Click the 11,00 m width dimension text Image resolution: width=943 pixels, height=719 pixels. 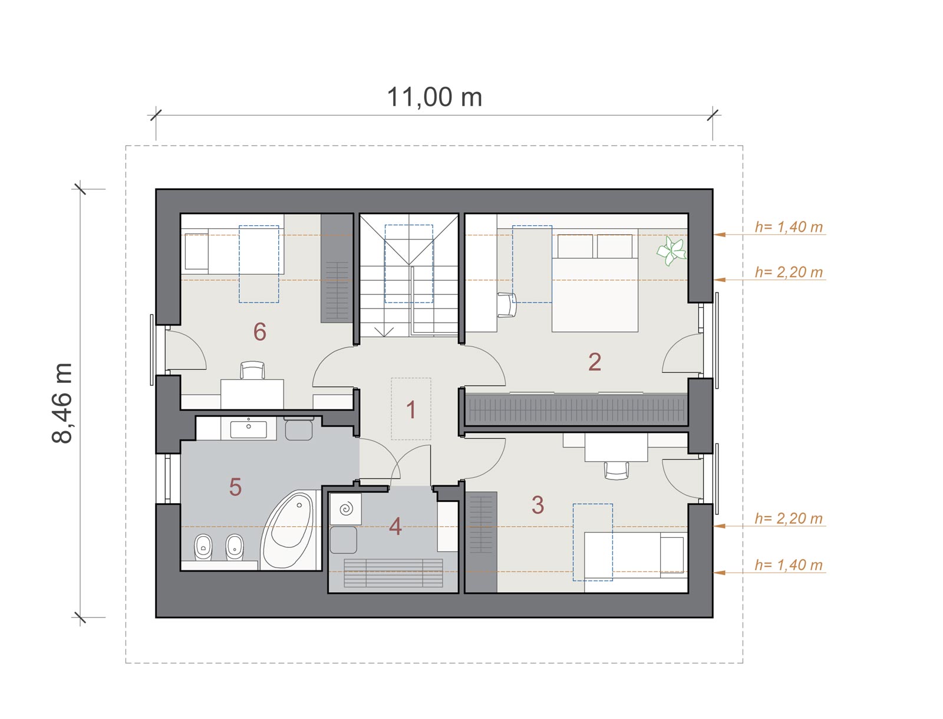coord(434,97)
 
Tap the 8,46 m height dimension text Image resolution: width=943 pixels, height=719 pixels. coord(62,403)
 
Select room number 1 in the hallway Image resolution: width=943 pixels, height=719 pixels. coord(411,409)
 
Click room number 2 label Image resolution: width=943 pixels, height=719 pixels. coord(595,362)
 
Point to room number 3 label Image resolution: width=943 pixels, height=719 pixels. coord(538,504)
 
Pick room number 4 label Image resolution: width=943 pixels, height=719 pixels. coord(395,526)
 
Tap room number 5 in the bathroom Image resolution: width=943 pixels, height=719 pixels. coord(235,487)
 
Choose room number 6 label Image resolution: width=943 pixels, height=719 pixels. coord(260,331)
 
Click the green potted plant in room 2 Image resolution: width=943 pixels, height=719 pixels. coord(671,251)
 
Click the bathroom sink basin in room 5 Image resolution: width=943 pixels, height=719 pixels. coord(248,429)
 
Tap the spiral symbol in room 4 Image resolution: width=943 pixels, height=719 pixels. coord(346,509)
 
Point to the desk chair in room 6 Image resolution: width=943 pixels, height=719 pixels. coord(252,370)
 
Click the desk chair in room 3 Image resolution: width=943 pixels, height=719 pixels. coord(616,471)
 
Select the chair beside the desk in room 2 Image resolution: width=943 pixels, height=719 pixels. coord(507,305)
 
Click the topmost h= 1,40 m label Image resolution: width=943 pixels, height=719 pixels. coord(789,227)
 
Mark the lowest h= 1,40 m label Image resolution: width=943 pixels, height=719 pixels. coord(789,564)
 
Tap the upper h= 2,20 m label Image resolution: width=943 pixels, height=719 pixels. coord(789,272)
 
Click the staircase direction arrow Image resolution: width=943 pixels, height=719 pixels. coord(384,331)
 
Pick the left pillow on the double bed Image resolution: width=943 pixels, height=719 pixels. coord(575,246)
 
